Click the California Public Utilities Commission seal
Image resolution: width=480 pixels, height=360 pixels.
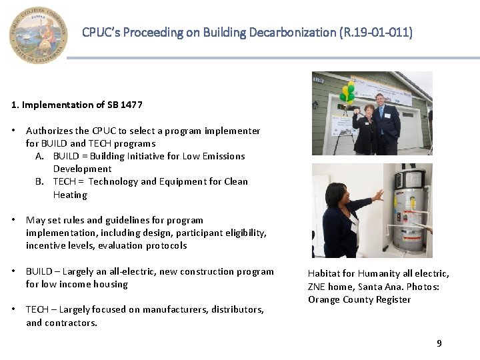39,35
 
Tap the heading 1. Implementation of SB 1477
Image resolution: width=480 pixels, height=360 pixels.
77,105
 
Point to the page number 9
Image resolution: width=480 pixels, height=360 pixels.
439,343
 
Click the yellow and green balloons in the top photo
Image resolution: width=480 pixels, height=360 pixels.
347,93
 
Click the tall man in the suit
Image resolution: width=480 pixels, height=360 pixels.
387,123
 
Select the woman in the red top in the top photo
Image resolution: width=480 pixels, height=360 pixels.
366,130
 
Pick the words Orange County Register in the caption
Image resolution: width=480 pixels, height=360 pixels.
359,299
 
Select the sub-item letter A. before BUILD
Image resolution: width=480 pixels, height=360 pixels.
41,156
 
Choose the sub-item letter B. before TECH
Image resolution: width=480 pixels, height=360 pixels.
41,181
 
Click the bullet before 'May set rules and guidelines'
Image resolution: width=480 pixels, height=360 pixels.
14,220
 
